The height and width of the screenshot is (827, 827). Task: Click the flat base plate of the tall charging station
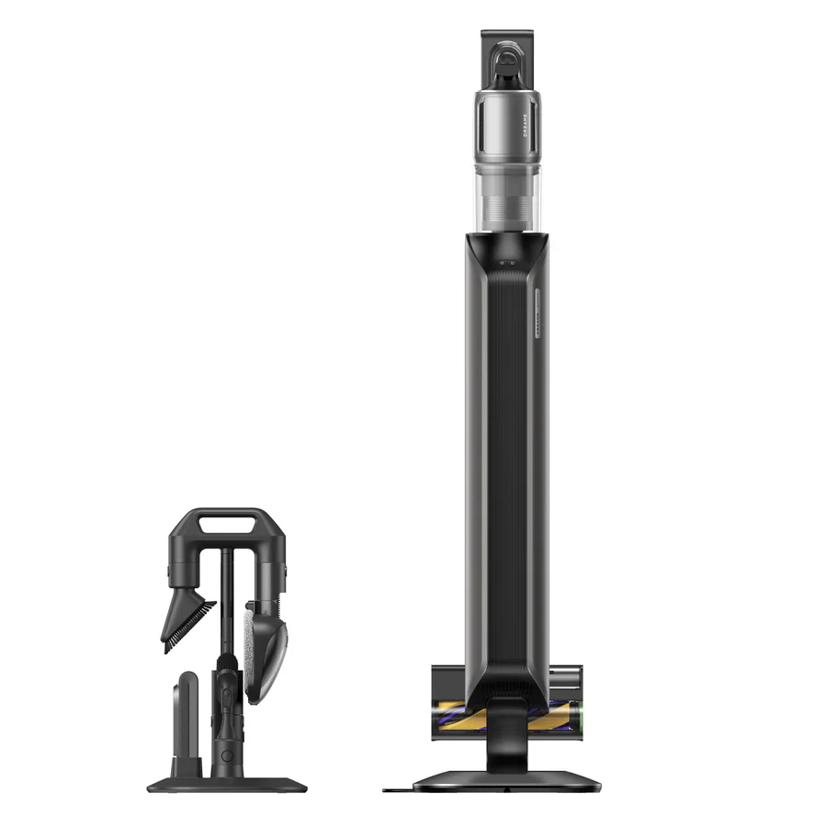click(506, 782)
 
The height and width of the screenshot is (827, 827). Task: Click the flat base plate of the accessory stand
click(225, 786)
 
